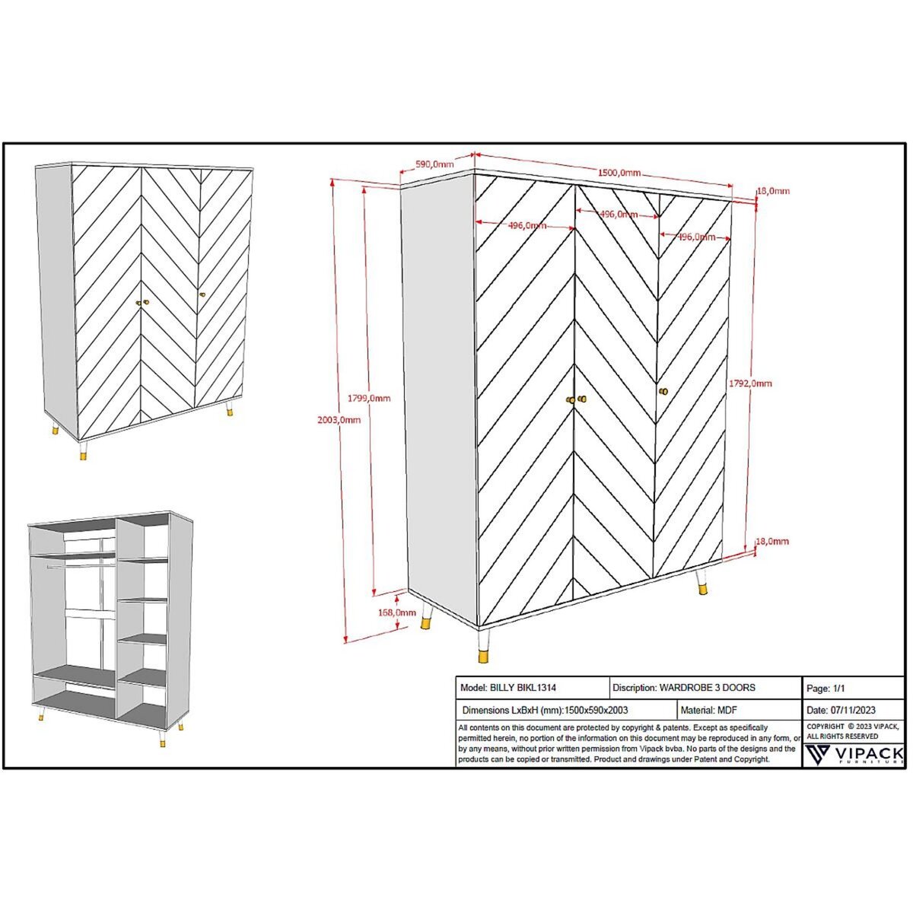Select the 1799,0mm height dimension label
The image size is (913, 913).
[369, 397]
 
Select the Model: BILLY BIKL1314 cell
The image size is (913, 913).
[508, 688]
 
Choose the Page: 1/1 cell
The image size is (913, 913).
[826, 689]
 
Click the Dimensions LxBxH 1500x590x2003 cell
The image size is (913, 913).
[545, 710]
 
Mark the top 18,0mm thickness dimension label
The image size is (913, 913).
[773, 191]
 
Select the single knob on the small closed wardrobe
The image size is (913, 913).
[202, 294]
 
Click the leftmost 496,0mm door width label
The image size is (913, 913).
[526, 225]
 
